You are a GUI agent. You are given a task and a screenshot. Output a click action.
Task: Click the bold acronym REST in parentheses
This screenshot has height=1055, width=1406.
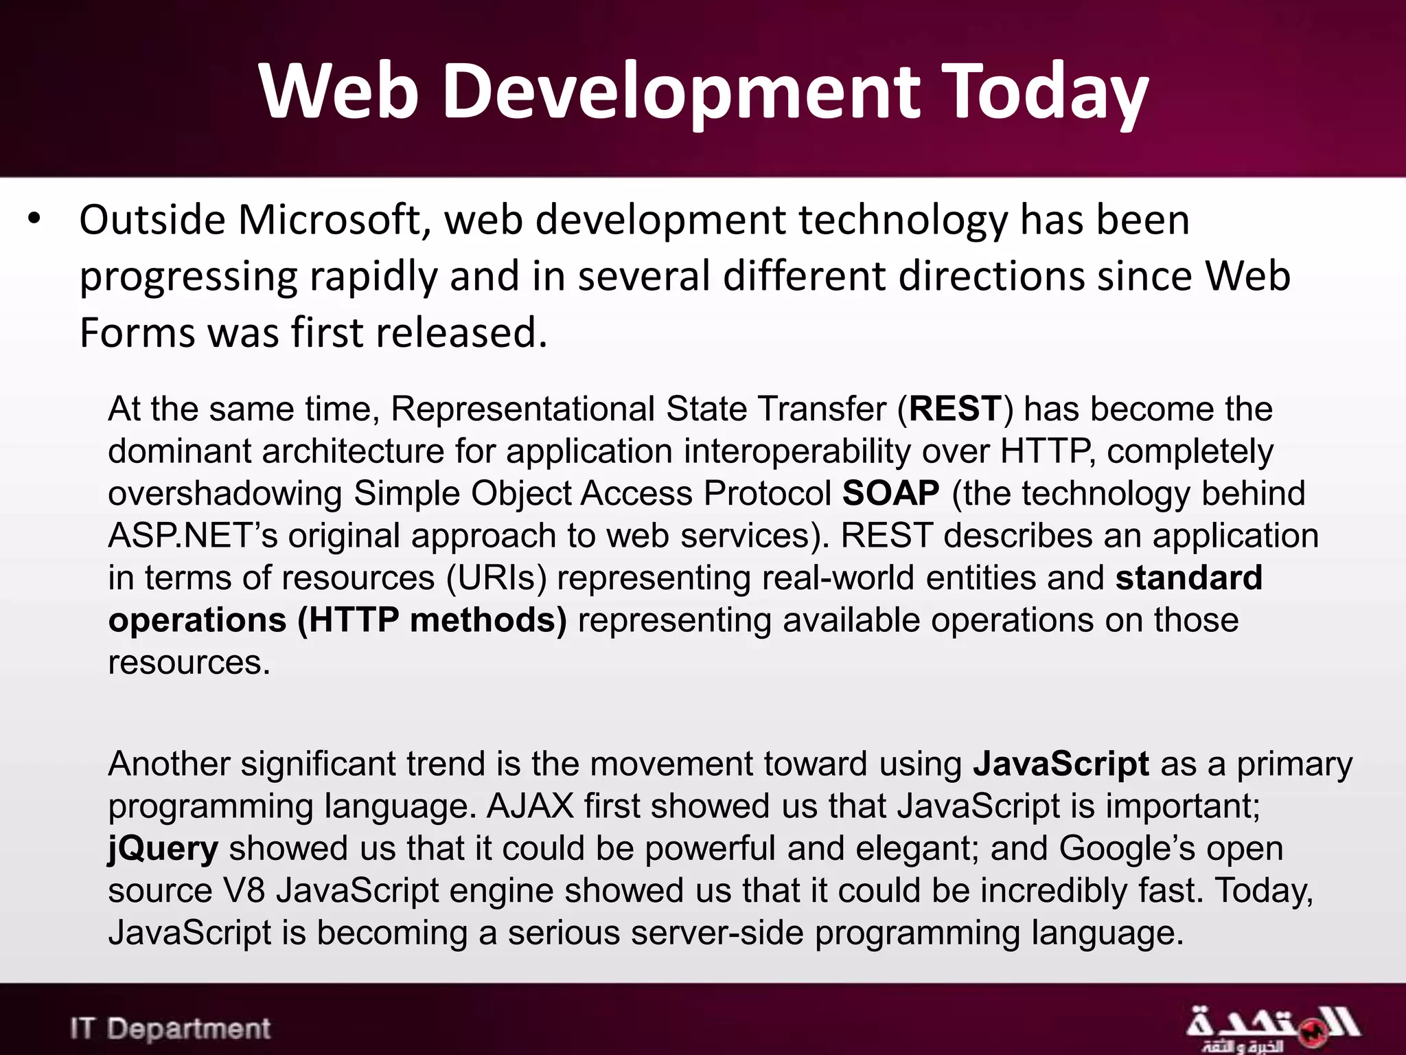(955, 409)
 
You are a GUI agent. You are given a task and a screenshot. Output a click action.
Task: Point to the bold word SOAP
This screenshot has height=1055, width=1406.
(890, 493)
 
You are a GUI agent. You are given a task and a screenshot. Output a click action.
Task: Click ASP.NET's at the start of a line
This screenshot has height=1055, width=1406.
(192, 536)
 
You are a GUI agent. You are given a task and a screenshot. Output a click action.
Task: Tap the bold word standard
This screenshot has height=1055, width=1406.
(1188, 578)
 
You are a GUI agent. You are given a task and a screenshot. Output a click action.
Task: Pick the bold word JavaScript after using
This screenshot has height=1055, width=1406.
(1061, 764)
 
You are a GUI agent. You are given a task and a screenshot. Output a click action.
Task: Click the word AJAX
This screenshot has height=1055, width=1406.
(530, 806)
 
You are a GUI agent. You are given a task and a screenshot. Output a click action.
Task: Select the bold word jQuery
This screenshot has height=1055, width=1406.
(163, 849)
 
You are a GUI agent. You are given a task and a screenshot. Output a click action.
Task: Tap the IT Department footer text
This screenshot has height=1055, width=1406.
(170, 1028)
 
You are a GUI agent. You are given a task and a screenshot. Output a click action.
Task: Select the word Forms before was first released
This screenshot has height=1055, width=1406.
(137, 332)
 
